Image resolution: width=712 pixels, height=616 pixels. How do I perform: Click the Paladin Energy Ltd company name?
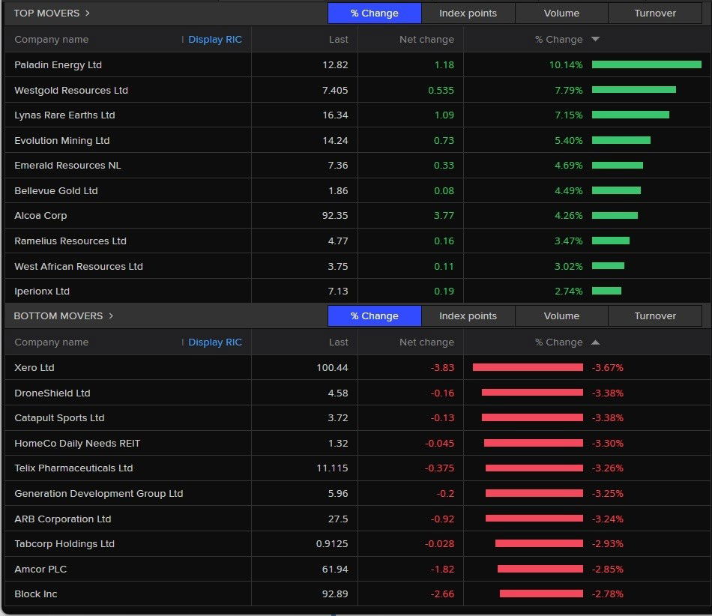point(58,65)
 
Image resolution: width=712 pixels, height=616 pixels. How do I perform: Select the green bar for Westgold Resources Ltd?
point(633,90)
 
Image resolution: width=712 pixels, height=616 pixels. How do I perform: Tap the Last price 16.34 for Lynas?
point(335,115)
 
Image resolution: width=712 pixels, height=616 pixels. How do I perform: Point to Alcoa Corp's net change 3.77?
point(444,216)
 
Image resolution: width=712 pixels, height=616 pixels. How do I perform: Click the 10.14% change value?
point(565,65)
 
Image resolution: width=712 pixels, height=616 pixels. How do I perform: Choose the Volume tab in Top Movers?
point(561,13)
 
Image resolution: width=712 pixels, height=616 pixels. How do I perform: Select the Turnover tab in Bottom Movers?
point(655,316)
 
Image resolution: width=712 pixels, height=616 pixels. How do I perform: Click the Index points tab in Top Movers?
point(468,13)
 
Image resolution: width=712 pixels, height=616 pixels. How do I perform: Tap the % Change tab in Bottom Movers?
point(374,316)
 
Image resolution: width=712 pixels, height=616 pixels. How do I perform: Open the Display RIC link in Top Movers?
point(215,40)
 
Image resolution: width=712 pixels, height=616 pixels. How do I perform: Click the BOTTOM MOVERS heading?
point(58,316)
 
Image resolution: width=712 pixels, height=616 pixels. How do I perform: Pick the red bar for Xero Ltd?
point(528,368)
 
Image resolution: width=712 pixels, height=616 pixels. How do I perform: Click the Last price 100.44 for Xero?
point(332,368)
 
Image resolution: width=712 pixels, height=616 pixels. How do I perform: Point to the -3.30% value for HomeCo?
point(607,444)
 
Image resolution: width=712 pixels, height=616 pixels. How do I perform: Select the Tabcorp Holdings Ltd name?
point(64,544)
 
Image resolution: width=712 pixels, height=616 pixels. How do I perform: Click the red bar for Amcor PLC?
point(540,570)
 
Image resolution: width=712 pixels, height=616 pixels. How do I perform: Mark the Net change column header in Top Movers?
point(426,40)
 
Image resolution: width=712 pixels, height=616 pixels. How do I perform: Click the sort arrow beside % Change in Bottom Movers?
point(595,342)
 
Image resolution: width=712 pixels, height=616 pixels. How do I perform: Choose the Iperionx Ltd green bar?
point(606,292)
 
